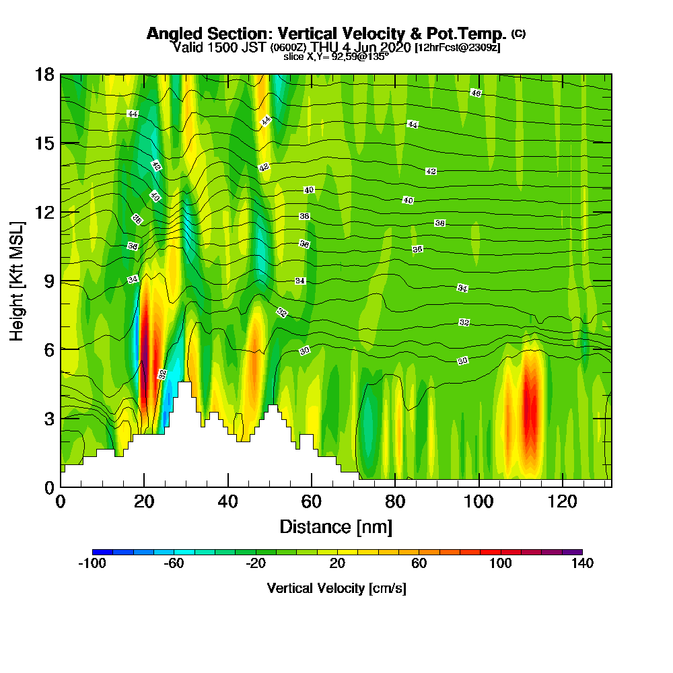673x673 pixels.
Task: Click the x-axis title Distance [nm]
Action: point(336,526)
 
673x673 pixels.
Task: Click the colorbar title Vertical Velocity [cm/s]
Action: point(336,588)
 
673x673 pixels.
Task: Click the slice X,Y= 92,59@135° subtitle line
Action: point(336,57)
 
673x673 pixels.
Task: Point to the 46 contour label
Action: point(476,93)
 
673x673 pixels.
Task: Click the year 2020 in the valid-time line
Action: point(396,47)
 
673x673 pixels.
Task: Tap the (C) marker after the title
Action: point(518,34)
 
